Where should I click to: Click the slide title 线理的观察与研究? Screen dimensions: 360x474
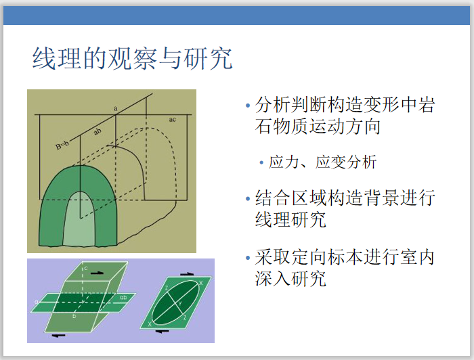point(133,59)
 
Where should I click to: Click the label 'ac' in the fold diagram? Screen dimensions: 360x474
point(173,120)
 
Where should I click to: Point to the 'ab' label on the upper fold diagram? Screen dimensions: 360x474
point(98,133)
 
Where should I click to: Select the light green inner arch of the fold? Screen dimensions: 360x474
point(81,220)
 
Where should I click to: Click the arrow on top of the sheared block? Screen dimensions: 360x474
point(100,272)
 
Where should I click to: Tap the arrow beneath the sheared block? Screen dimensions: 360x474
point(60,334)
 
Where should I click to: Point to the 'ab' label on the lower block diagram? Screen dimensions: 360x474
point(123,297)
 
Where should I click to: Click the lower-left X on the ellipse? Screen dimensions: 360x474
point(150,324)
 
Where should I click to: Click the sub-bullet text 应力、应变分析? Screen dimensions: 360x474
point(322,162)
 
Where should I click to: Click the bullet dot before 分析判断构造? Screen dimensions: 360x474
point(248,106)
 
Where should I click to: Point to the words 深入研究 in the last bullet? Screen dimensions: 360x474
point(290,278)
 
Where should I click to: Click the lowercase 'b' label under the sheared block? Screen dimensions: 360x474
point(74,316)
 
